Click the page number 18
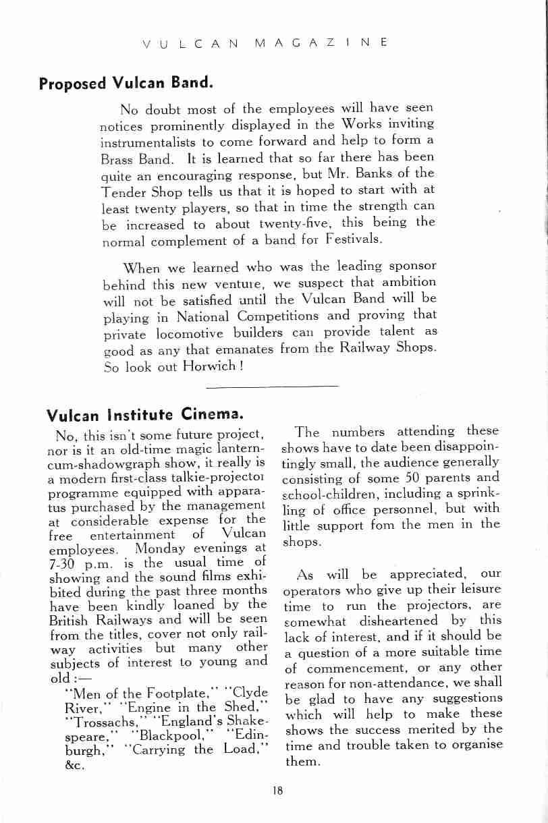point(277,791)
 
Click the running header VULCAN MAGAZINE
point(265,43)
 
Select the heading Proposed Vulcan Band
point(126,84)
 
